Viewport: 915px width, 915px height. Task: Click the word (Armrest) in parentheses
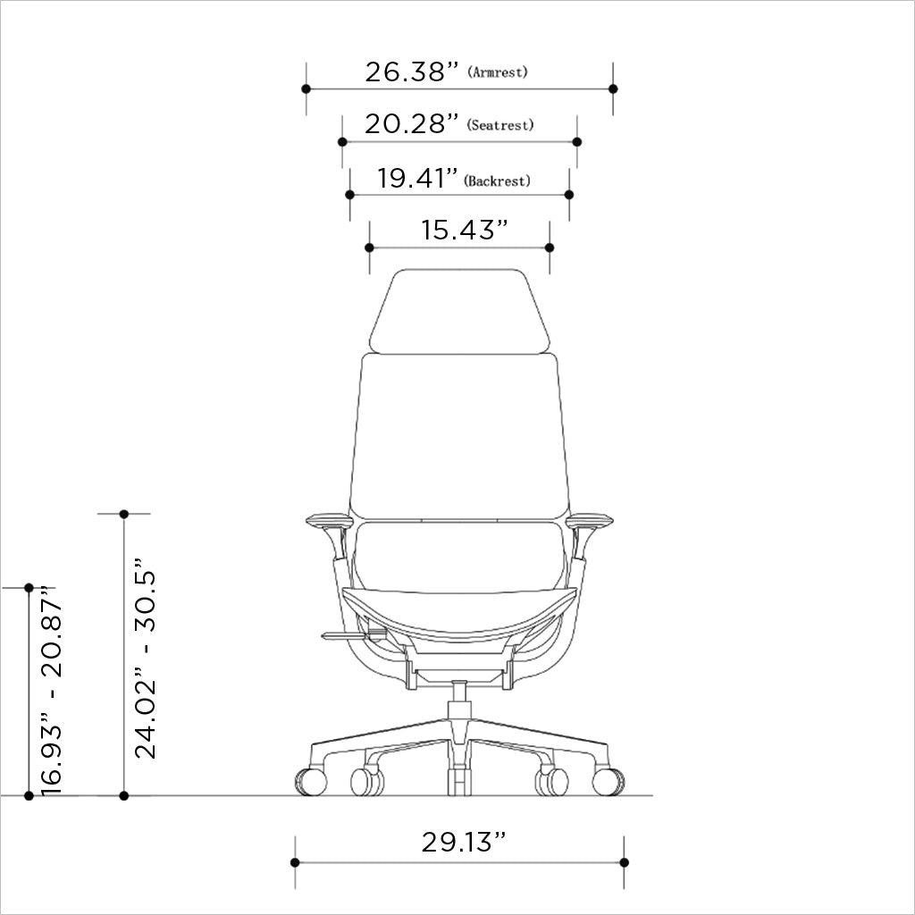[x=498, y=72]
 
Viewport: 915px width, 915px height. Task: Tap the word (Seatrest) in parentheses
[x=500, y=126]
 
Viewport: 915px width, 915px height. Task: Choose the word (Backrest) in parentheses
[x=498, y=180]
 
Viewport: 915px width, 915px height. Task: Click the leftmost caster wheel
[x=310, y=781]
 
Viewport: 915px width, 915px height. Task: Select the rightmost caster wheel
[x=608, y=781]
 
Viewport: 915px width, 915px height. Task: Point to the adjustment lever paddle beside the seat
[x=344, y=635]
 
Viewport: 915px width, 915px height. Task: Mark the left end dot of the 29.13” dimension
[x=295, y=862]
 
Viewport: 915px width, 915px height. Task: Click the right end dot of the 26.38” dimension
[x=613, y=88]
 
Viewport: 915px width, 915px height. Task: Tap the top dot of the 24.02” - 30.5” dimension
[x=124, y=514]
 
